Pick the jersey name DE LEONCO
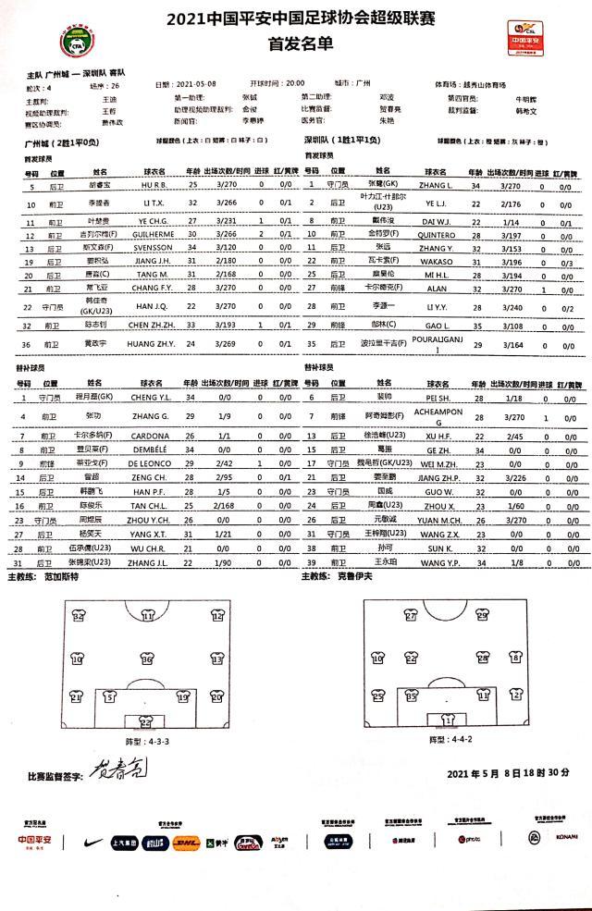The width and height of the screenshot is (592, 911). pos(154,462)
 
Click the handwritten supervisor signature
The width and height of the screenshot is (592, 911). pos(117,772)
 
